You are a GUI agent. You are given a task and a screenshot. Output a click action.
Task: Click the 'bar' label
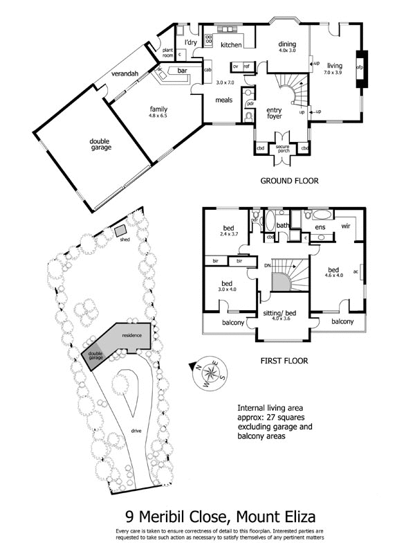(183, 71)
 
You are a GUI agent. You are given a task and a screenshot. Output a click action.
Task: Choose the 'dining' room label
(286, 44)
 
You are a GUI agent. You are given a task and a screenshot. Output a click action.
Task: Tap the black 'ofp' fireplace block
(360, 68)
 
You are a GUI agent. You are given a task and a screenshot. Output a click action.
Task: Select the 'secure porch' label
(282, 149)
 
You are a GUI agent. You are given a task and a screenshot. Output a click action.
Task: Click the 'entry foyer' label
(274, 113)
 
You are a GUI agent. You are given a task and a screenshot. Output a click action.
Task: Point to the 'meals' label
(223, 100)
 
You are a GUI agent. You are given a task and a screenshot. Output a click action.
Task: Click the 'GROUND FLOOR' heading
(288, 181)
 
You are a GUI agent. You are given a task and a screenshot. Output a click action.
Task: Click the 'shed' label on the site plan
(125, 240)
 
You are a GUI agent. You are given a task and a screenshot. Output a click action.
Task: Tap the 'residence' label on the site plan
(131, 335)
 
